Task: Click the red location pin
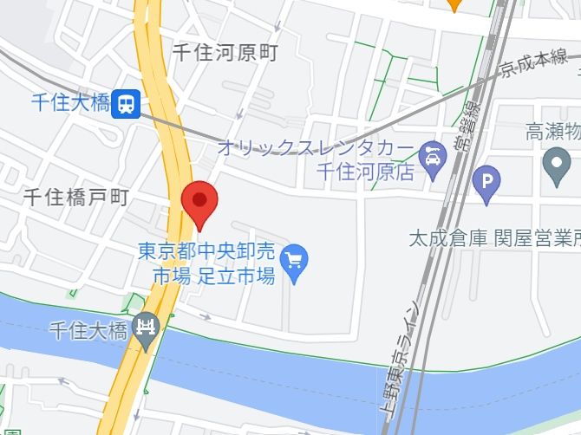click(x=200, y=204)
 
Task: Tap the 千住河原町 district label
click(x=225, y=53)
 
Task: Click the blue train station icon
click(x=127, y=104)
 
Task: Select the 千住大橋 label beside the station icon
click(x=69, y=103)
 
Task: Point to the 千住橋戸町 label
click(x=75, y=198)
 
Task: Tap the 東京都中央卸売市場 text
click(x=206, y=252)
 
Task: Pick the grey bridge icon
click(x=147, y=329)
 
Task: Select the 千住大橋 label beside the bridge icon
click(x=88, y=329)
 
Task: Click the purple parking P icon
click(x=486, y=180)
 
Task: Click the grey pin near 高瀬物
click(x=556, y=164)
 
